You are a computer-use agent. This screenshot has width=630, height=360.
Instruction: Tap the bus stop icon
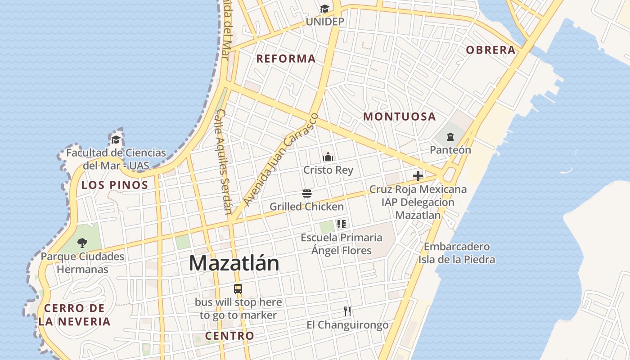[238, 289]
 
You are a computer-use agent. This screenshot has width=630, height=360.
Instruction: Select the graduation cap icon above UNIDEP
[324, 9]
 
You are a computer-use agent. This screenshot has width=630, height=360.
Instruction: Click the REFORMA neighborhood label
[286, 58]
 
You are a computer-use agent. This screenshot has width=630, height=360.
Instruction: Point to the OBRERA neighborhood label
[490, 50]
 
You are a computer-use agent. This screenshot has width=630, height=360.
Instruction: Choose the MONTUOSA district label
[400, 117]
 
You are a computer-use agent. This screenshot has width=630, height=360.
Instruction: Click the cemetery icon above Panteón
[450, 136]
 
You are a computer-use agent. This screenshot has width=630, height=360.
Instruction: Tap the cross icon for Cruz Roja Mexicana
[418, 175]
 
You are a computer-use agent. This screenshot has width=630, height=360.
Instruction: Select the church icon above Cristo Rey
[328, 157]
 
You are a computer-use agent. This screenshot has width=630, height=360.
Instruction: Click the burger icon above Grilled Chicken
[307, 193]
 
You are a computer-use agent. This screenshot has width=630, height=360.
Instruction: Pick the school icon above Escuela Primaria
[341, 224]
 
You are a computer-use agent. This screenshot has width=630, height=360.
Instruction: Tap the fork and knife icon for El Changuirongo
[347, 311]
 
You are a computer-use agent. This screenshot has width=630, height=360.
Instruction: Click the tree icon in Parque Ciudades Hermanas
[82, 243]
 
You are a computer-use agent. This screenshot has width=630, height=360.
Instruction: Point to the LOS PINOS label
[115, 185]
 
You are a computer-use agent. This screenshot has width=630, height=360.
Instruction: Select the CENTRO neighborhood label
[229, 336]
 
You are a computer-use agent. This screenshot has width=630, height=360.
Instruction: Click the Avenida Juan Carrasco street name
[281, 158]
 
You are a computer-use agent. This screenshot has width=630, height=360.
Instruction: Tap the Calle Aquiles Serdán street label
[224, 161]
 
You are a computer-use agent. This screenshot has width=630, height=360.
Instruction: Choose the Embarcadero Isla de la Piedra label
[457, 253]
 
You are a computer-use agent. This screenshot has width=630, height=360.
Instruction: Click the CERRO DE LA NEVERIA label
[74, 315]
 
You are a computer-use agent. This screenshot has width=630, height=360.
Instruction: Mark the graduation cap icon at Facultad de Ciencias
[116, 139]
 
